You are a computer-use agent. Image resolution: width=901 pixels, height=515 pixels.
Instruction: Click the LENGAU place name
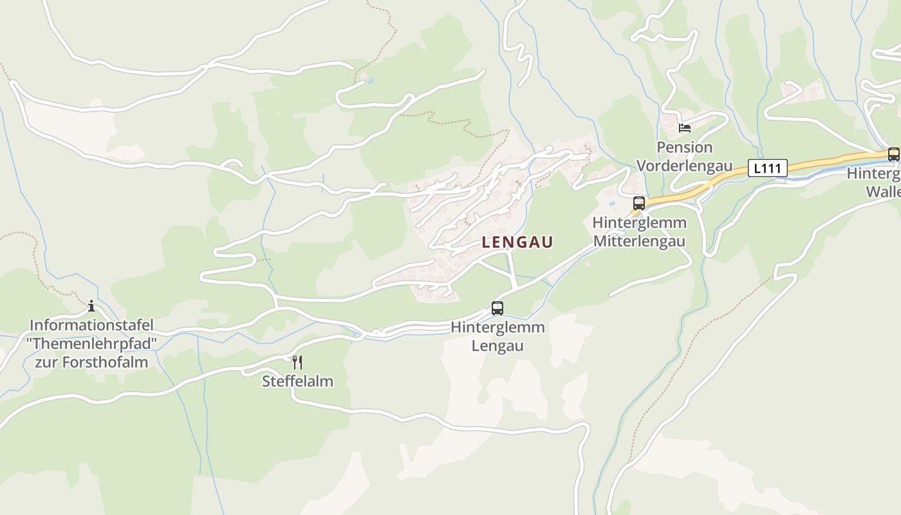point(517,242)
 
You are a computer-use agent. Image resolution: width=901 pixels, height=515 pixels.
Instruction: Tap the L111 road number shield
point(767,169)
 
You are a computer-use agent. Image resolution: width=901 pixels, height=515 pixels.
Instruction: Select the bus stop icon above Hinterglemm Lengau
point(497,308)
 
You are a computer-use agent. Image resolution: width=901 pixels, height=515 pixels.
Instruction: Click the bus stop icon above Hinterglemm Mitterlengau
point(638,203)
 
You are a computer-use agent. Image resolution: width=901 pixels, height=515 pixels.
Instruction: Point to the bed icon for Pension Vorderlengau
point(684,127)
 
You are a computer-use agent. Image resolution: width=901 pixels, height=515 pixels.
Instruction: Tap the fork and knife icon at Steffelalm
point(297,362)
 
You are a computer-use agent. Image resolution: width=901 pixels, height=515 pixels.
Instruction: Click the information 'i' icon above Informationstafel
point(91,306)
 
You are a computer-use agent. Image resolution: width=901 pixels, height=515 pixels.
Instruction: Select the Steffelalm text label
point(297,381)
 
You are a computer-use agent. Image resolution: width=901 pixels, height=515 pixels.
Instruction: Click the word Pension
point(684,147)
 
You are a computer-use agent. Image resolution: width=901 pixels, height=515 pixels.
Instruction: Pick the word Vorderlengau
point(684,166)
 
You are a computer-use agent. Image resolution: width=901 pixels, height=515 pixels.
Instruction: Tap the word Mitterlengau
point(639,241)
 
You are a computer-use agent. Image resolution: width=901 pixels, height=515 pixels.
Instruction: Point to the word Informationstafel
point(91,325)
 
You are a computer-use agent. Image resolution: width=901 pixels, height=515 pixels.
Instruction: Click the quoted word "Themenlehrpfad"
point(91,343)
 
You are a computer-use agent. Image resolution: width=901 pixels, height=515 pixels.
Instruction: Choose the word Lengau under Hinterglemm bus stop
point(497,346)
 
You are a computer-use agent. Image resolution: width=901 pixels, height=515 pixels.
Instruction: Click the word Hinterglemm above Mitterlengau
point(639,223)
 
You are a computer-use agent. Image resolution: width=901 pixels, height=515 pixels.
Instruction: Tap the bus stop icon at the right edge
point(893,154)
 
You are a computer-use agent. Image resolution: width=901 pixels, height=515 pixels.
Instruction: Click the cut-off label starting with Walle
point(883,192)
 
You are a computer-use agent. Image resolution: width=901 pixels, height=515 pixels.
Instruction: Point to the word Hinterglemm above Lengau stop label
point(497,327)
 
